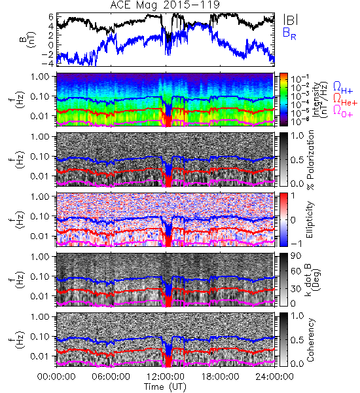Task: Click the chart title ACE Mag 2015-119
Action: coord(165,5)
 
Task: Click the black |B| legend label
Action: coord(290,20)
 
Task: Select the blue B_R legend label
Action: coord(289,34)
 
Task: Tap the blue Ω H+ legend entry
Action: coord(343,88)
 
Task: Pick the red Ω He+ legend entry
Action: coord(345,100)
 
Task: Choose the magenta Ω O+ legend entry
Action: coord(343,111)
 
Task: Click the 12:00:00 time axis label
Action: coord(166,377)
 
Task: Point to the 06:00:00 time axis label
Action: coord(111,377)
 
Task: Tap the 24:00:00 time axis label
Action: coord(274,377)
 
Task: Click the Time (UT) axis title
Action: coord(165,387)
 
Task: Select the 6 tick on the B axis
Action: coord(51,17)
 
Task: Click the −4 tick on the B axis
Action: coord(48,63)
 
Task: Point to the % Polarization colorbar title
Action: coord(311,160)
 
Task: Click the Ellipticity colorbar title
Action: coord(310,219)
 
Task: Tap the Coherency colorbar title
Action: coord(310,340)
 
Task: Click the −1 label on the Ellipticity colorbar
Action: coord(297,244)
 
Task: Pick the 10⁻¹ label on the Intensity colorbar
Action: coord(297,79)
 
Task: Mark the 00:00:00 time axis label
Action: coord(56,377)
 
